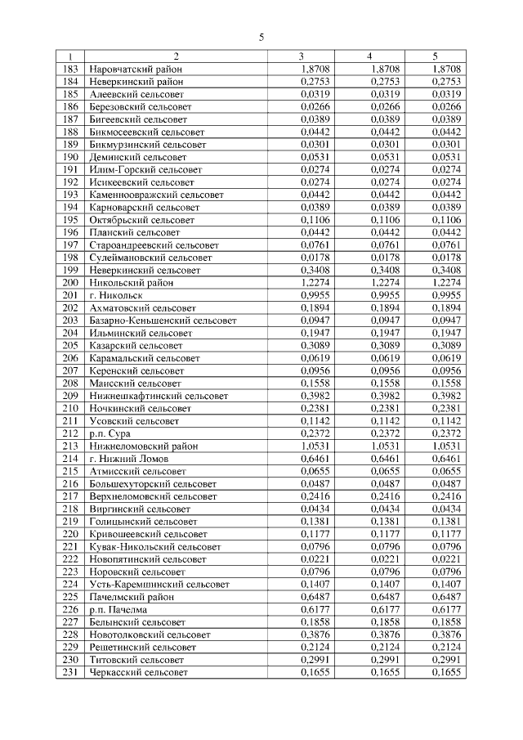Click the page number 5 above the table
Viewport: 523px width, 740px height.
[x=261, y=37]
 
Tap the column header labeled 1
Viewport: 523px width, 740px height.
[x=69, y=56]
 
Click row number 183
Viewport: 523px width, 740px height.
[x=69, y=70]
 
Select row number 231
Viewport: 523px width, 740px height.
[x=69, y=671]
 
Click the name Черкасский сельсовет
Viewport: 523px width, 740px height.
[x=138, y=671]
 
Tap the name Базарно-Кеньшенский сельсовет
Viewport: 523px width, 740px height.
[x=163, y=321]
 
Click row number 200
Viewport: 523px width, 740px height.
[x=69, y=282]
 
